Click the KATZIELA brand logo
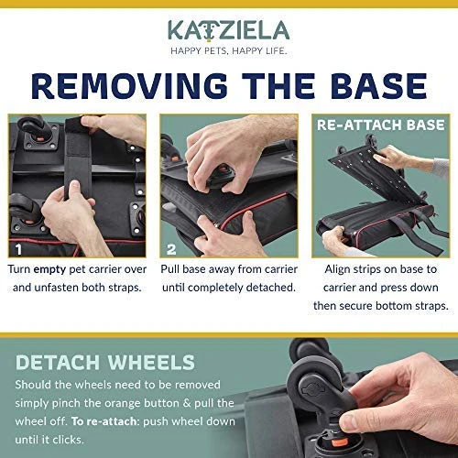point(228,31)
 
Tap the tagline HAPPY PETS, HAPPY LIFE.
point(229,50)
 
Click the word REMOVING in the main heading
point(129,85)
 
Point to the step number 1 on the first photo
point(19,249)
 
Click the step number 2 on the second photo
point(171,250)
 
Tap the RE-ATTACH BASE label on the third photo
point(381,125)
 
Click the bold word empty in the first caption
point(49,269)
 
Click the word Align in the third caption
point(337,269)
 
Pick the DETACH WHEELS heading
point(105,363)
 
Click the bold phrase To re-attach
point(104,421)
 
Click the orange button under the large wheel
point(338,441)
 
